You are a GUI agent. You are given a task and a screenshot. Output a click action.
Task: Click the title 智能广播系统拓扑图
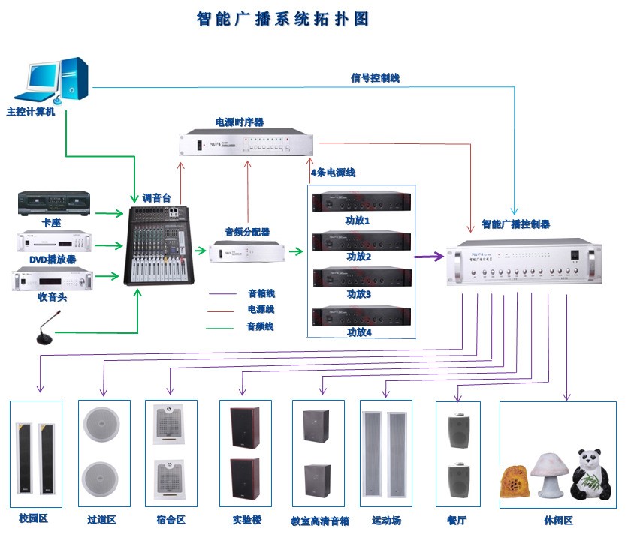point(283,19)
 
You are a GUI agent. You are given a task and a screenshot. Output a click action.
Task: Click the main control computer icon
point(57,79)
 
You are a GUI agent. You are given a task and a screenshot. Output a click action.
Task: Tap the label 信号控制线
point(375,77)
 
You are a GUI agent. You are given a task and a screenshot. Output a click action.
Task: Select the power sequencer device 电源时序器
point(247,143)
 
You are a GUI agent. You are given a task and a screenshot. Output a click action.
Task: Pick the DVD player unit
point(54,241)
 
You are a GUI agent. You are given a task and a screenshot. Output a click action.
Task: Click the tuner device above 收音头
point(54,279)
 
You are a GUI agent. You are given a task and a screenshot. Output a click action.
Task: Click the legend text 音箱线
point(261,293)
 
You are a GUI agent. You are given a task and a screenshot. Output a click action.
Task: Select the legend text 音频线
point(261,326)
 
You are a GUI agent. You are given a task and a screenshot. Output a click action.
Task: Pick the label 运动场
point(386,520)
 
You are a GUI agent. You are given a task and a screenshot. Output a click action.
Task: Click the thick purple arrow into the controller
point(429,257)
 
